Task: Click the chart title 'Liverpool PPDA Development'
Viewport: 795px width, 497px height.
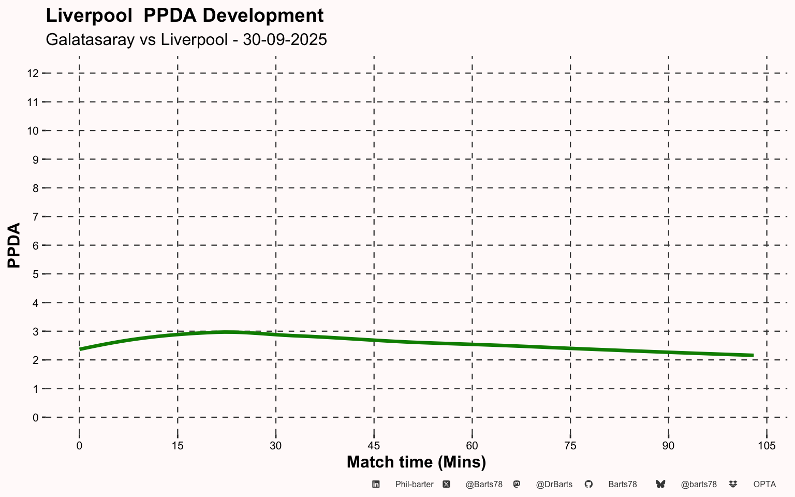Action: coord(185,16)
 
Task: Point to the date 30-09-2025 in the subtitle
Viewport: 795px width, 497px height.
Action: coord(285,39)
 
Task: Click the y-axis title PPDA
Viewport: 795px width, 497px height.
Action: coord(14,245)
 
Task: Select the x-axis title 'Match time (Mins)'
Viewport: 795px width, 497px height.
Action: coord(416,462)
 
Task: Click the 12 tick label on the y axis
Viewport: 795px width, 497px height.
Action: coord(33,74)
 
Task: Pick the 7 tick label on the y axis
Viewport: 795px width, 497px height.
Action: coord(36,217)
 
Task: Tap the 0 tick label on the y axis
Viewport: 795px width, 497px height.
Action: coord(36,418)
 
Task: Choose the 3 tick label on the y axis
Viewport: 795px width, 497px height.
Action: coord(36,332)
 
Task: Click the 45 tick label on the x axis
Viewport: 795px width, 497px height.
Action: coord(374,446)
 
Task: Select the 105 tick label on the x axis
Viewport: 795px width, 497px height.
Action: coord(767,446)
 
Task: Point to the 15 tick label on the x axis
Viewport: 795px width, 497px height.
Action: coord(178,446)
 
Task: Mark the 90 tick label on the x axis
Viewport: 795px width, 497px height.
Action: coord(668,446)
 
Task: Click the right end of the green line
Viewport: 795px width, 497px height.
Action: coord(753,355)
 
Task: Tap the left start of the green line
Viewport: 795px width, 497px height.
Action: coord(80,349)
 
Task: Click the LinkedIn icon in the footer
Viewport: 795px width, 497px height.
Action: coord(376,484)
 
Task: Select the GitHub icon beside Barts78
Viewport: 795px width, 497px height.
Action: coord(588,484)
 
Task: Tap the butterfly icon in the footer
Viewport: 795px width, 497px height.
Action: coord(660,484)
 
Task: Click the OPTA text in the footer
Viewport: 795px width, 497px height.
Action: coord(764,485)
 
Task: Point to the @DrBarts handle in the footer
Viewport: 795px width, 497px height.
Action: coord(554,485)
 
